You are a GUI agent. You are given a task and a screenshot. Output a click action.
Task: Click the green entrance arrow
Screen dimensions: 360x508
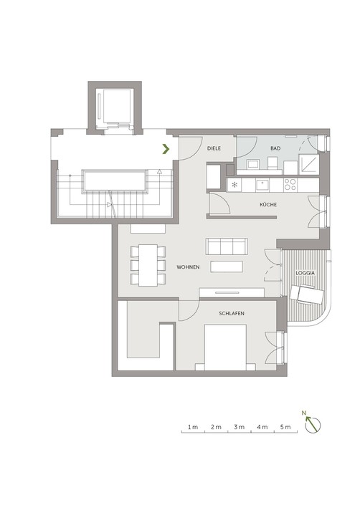pyautogui.click(x=166, y=149)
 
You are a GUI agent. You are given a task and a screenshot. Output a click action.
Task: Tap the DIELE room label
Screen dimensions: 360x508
pyautogui.click(x=214, y=148)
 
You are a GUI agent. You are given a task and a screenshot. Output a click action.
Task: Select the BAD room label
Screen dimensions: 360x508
pyautogui.click(x=275, y=148)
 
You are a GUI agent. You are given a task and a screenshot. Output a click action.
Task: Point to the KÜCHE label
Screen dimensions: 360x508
pyautogui.click(x=268, y=204)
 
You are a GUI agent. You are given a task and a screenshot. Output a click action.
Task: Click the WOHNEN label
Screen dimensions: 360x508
pyautogui.click(x=188, y=267)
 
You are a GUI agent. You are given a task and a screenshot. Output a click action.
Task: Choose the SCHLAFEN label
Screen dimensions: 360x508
pyautogui.click(x=232, y=314)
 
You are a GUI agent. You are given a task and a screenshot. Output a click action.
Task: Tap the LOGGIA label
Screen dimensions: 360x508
pyautogui.click(x=305, y=273)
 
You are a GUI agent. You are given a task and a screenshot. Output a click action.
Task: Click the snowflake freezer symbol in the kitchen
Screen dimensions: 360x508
pyautogui.click(x=234, y=185)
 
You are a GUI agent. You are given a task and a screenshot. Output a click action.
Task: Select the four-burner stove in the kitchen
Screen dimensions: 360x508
pyautogui.click(x=290, y=185)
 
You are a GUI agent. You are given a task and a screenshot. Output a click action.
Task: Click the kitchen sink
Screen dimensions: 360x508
pyautogui.click(x=262, y=185)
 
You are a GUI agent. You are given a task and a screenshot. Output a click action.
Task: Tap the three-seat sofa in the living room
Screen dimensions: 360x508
pyautogui.click(x=227, y=246)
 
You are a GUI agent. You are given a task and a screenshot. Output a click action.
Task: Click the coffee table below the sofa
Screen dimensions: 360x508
pyautogui.click(x=227, y=267)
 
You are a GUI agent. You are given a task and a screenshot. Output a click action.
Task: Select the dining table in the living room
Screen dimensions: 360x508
pyautogui.click(x=148, y=265)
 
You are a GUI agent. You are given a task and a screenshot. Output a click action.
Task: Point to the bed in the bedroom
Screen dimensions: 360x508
pyautogui.click(x=225, y=348)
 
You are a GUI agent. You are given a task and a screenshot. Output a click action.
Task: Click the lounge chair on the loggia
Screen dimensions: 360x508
pyautogui.click(x=306, y=294)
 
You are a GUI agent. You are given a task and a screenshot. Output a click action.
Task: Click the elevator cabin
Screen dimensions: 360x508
pyautogui.click(x=117, y=106)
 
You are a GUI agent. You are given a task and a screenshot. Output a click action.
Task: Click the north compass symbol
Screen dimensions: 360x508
pyautogui.click(x=313, y=423)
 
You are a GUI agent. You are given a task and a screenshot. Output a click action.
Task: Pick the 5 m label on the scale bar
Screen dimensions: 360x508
pyautogui.click(x=285, y=427)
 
